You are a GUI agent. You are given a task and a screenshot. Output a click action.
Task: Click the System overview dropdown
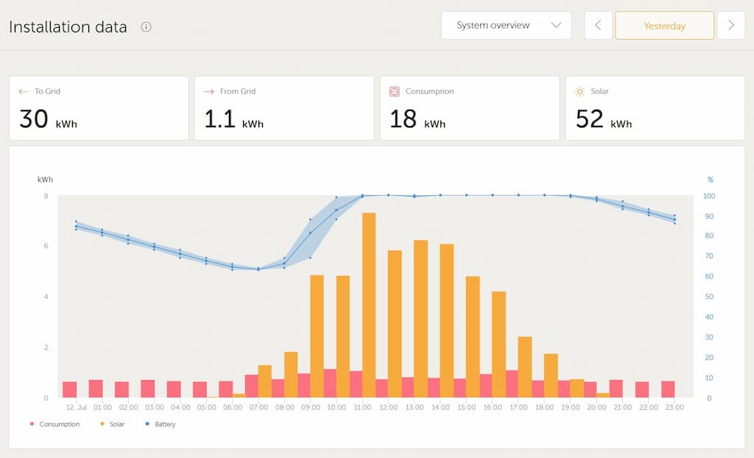click(506, 25)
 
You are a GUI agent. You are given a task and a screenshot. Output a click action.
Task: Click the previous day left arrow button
click(598, 25)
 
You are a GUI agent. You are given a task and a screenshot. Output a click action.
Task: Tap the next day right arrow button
click(730, 25)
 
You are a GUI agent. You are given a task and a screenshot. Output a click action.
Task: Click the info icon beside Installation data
click(146, 27)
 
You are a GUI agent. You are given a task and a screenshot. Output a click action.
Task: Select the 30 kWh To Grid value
click(48, 119)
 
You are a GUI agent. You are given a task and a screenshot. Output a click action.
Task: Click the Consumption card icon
click(394, 91)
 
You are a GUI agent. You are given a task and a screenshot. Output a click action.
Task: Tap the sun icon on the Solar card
click(579, 91)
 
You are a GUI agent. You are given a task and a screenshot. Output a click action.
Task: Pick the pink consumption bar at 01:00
click(96, 389)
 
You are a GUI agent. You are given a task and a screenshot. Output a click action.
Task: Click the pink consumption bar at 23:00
click(668, 390)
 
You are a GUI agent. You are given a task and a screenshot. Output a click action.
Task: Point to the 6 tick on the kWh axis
click(46, 246)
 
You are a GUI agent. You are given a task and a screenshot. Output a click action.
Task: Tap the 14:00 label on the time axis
click(440, 407)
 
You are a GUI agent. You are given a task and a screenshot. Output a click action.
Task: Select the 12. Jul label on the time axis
click(77, 407)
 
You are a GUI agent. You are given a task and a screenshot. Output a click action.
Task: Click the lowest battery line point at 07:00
click(258, 269)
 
